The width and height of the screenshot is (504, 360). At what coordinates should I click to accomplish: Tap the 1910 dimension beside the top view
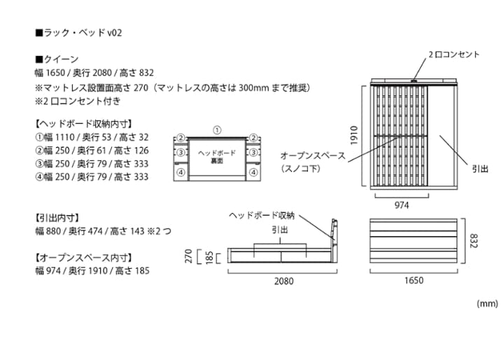tap(355, 134)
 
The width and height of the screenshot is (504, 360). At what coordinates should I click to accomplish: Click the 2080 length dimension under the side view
tap(283, 281)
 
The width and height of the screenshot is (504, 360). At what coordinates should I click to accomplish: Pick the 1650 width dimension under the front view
tap(413, 281)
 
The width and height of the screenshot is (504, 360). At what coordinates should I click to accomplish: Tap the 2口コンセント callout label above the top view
tap(454, 54)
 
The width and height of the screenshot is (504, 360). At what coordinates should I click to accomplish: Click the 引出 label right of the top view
tap(480, 169)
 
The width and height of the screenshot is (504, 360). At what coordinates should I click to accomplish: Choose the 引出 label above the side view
tap(279, 230)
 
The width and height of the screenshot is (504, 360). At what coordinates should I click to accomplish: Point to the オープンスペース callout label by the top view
tap(312, 155)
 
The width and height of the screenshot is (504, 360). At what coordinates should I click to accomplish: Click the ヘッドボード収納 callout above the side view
tap(262, 215)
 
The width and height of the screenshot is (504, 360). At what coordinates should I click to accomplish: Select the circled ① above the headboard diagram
tap(217, 130)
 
